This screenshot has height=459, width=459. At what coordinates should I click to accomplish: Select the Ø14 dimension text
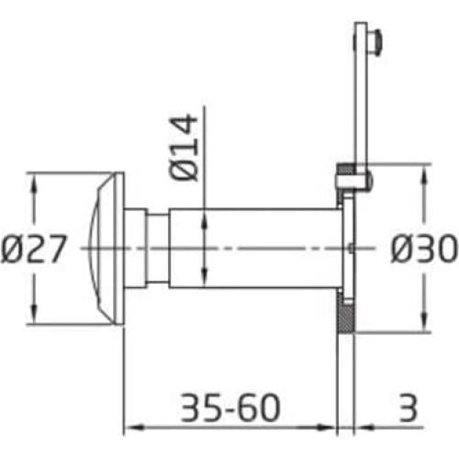tap(183, 148)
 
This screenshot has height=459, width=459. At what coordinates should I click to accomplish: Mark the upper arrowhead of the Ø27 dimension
tap(35, 180)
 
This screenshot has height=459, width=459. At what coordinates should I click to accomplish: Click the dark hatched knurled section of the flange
tap(345, 317)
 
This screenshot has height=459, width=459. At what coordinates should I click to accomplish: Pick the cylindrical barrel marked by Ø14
tap(266, 249)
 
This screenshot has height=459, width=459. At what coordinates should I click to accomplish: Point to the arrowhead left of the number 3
tap(361, 427)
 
